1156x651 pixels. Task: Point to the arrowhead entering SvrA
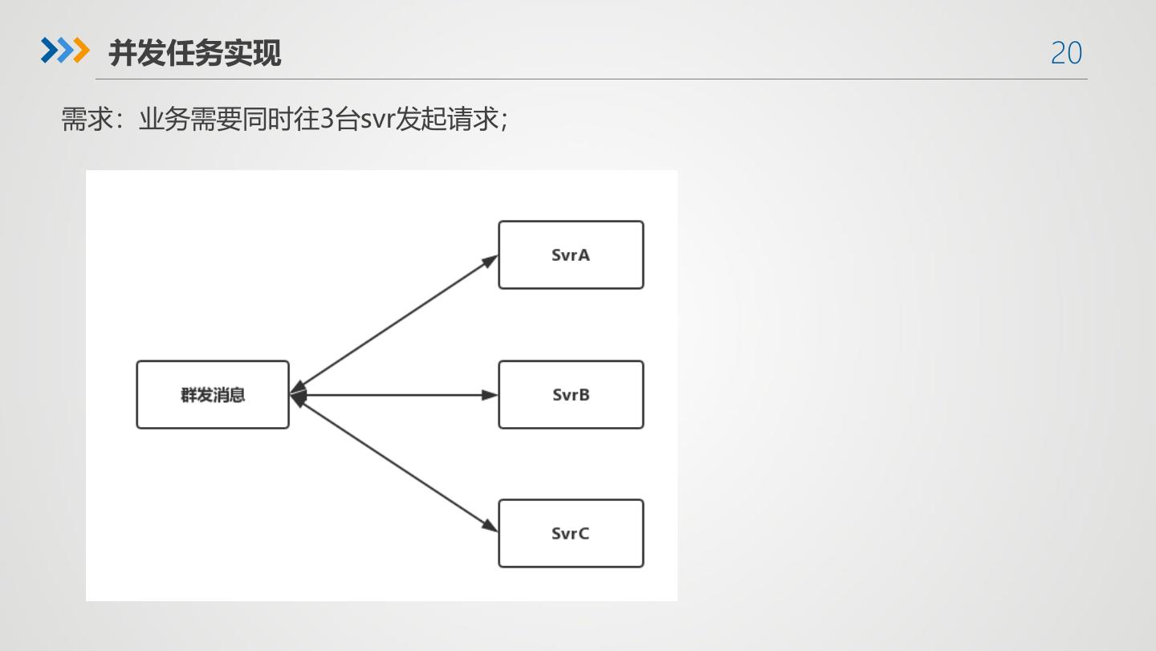point(489,260)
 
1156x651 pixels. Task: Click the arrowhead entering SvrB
point(489,395)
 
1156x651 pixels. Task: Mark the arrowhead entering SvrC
point(489,526)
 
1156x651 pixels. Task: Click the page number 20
point(1066,53)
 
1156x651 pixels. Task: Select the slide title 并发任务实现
point(195,53)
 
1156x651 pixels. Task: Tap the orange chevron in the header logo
point(81,51)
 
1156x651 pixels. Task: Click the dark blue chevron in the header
point(50,51)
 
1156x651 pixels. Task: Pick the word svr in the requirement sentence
point(377,120)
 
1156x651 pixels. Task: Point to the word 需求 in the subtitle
point(87,120)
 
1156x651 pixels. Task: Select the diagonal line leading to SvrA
point(393,321)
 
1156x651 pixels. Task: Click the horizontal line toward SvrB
point(393,395)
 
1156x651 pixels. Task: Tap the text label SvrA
point(571,255)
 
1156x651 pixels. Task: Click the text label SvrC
point(571,534)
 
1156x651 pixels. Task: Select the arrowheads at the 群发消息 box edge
point(297,394)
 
